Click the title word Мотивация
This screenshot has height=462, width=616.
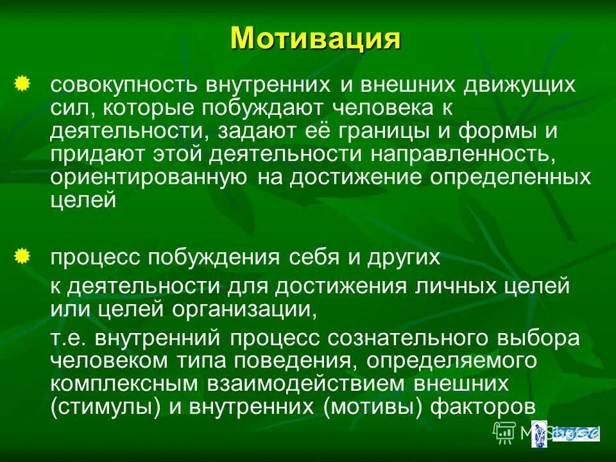pos(316,38)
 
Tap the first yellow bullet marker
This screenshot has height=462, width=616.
pos(22,83)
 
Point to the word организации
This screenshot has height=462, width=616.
pos(243,309)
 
